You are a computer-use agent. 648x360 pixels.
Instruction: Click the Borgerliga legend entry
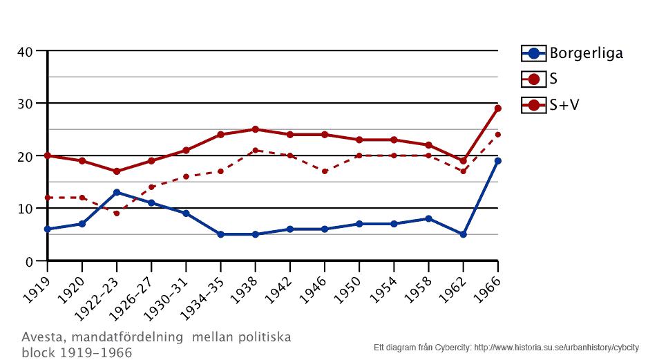[x=572, y=53]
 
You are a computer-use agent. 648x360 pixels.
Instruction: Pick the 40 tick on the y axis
[x=26, y=51]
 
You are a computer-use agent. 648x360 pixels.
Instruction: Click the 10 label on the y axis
[x=26, y=209]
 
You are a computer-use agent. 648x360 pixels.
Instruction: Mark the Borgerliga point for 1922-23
[x=117, y=192]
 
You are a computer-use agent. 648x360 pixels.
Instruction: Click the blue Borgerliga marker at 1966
[x=497, y=161]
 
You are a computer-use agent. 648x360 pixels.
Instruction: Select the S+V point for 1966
[x=497, y=108]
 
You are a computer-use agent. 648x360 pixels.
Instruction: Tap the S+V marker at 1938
[x=255, y=129]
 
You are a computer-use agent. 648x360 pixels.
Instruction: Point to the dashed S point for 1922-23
[x=117, y=214]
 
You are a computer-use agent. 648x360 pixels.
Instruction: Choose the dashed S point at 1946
[x=325, y=171]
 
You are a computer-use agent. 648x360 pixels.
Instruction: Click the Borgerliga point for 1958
[x=428, y=218]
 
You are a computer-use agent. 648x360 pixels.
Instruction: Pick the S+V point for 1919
[x=48, y=155]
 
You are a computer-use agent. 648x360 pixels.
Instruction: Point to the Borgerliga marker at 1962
[x=463, y=234]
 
